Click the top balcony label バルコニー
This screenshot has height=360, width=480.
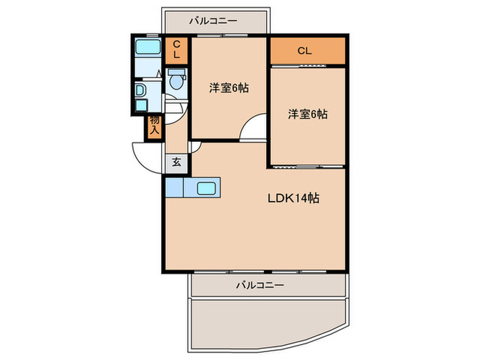(213, 21)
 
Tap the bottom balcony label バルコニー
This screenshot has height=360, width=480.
(260, 285)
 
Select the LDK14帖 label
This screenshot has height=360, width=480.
(293, 198)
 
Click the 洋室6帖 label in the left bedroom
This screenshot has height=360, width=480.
(229, 88)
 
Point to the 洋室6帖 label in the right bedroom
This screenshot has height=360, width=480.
(307, 115)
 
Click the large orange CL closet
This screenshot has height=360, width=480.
(308, 51)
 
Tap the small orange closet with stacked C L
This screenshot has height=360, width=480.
(177, 51)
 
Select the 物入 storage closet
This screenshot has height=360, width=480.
(154, 128)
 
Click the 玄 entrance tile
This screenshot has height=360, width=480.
(176, 163)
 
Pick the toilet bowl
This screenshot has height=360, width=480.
(176, 82)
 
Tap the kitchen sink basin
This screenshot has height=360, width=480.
(206, 189)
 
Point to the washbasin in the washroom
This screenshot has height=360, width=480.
(140, 91)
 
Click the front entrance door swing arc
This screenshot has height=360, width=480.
(141, 161)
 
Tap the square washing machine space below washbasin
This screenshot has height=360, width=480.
(141, 105)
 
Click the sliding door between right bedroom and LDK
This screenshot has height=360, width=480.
(307, 167)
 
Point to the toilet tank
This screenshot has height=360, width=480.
(177, 72)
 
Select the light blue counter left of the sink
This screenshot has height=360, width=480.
(174, 187)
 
